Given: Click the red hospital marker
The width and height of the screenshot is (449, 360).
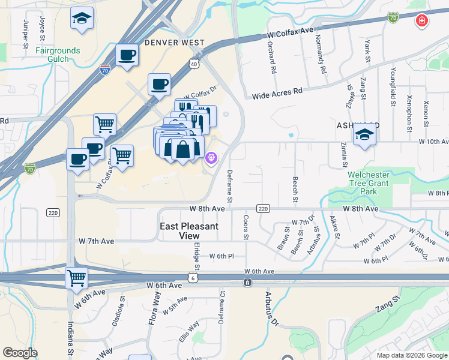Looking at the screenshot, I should pos(422,21).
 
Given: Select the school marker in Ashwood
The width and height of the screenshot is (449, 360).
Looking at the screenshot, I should pos(364,134).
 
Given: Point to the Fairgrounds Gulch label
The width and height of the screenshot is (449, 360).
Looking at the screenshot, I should pos(58,55).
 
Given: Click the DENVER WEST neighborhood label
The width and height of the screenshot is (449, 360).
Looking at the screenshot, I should pos(175,43).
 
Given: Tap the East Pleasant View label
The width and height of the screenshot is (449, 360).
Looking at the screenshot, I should pos(188,231).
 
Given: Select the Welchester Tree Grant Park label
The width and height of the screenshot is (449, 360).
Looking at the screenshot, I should pos(372,183).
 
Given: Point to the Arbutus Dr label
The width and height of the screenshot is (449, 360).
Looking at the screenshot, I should pos(270,309).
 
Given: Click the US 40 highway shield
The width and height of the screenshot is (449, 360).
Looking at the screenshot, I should pos(193,63).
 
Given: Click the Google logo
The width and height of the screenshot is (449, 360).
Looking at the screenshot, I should pos(20,353).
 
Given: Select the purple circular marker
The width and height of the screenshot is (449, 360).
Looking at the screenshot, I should pos(211,158).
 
